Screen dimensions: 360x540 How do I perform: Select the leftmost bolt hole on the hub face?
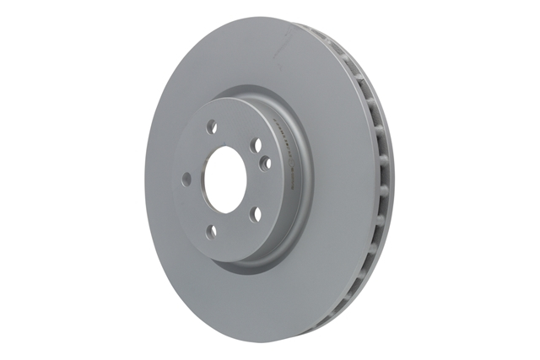pyautogui.click(x=186, y=178)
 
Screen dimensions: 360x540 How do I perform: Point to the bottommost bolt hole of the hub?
pyautogui.click(x=212, y=230)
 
